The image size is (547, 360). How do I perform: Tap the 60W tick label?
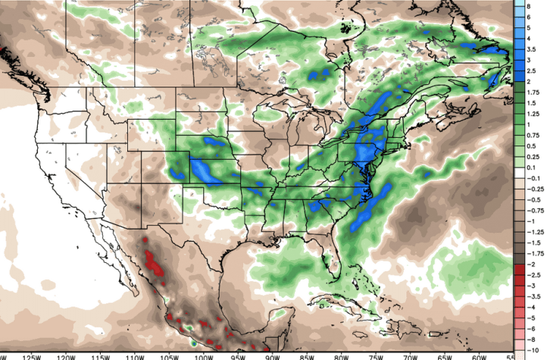478,355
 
